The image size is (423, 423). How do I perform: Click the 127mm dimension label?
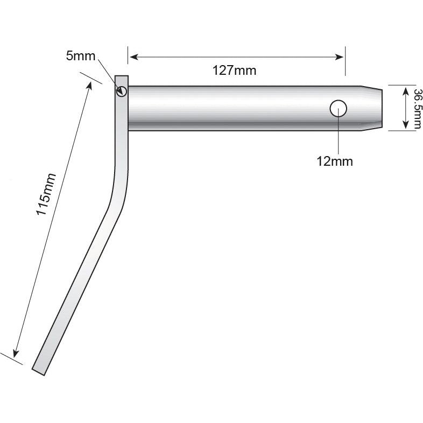coord(234,70)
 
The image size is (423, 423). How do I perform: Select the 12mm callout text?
coord(335,161)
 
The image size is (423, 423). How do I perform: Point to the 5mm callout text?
coord(80,55)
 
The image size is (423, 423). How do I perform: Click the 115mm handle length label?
coord(46,194)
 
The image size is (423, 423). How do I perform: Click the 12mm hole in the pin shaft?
coord(338,108)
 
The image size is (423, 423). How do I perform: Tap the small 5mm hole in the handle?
coord(122,91)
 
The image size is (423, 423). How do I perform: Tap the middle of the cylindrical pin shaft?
coord(242,108)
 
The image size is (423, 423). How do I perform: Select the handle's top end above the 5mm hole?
coord(122,79)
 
